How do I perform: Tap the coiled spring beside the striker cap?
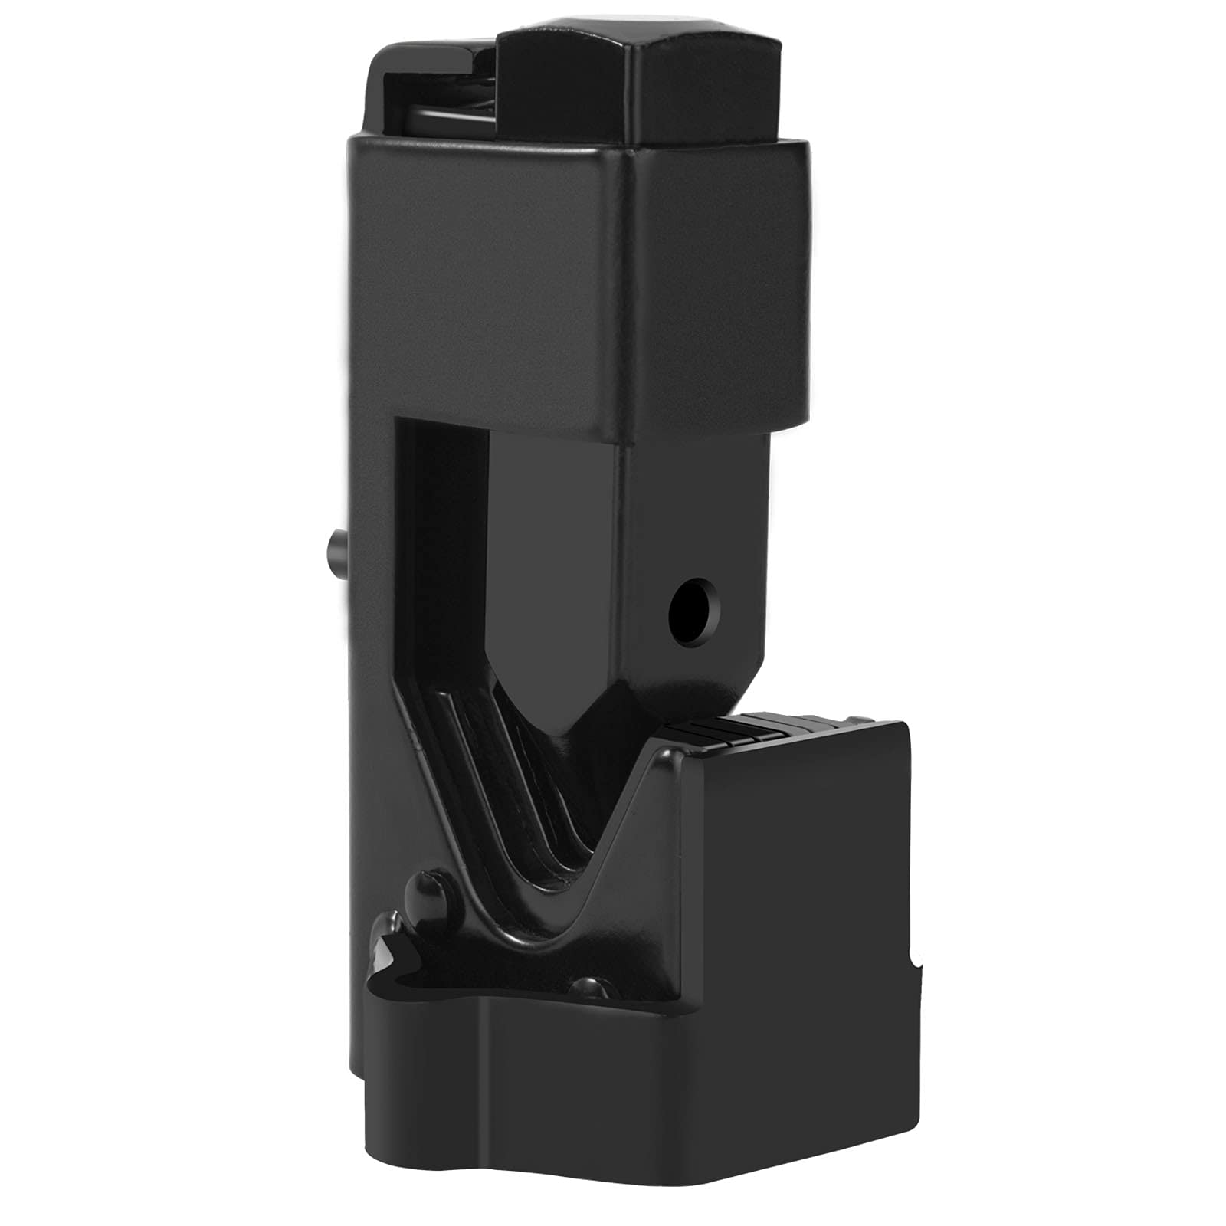452,115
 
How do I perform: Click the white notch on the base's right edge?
917,961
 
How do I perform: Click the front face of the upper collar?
490,284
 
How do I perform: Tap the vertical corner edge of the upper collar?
630,291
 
